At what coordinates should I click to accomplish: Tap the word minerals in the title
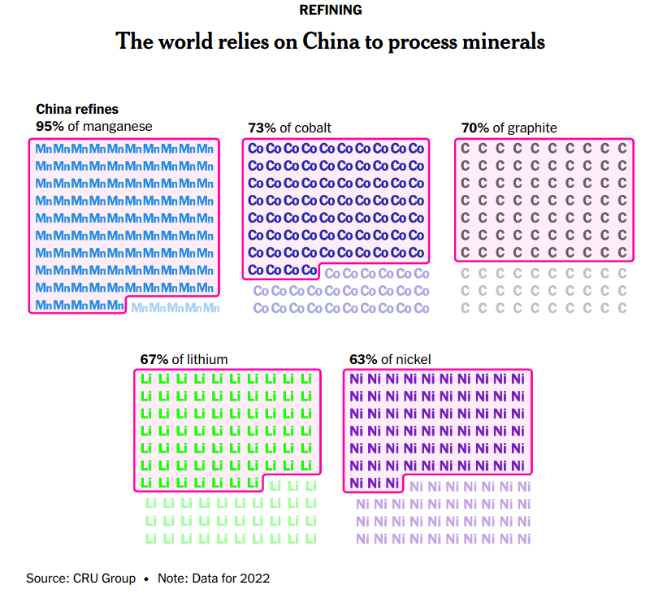504,41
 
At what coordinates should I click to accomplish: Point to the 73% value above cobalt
261,128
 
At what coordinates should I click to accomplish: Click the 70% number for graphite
474,128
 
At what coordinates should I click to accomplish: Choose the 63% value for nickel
362,359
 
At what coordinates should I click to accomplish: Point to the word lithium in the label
207,359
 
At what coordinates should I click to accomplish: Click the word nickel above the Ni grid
414,359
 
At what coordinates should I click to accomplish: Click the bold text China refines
77,109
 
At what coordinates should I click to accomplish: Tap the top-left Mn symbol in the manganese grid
44,149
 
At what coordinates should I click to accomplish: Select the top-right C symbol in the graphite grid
622,149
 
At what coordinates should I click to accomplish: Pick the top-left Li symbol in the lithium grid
147,379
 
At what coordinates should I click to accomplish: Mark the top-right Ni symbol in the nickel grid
517,379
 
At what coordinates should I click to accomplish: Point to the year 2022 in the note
256,579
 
